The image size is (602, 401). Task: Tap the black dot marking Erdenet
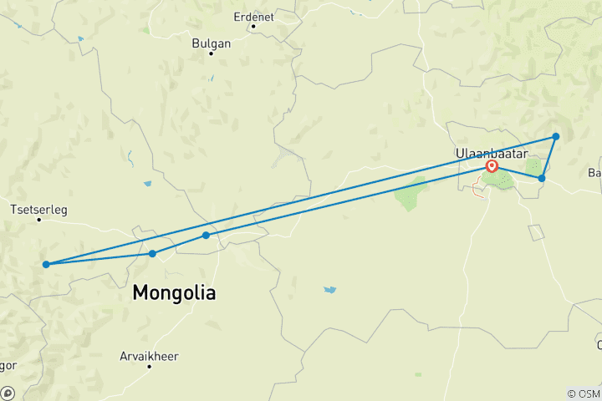(x=253, y=26)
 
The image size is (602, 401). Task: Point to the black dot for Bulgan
(x=212, y=53)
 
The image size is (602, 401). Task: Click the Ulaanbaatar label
(x=489, y=152)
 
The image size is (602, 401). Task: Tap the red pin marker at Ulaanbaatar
(x=492, y=166)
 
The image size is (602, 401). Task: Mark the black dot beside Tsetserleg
(x=39, y=220)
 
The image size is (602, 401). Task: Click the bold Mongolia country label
(x=175, y=293)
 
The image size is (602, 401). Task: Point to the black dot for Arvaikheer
(x=150, y=367)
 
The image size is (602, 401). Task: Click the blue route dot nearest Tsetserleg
(x=46, y=265)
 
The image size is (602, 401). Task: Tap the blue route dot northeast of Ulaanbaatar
(x=555, y=136)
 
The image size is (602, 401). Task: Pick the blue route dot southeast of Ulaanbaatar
(x=542, y=179)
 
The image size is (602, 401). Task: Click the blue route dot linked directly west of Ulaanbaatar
(x=206, y=236)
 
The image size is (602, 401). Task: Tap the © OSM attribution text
(x=583, y=393)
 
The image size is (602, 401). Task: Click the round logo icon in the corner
(x=7, y=393)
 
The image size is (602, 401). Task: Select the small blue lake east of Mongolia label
(x=330, y=290)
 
